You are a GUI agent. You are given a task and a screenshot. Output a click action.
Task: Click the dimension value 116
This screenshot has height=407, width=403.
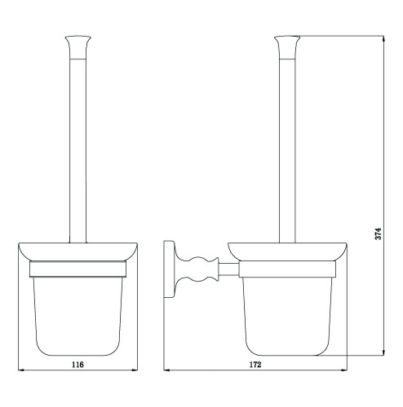tap(77, 365)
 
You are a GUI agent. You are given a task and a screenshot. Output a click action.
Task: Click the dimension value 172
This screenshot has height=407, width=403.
tap(255, 365)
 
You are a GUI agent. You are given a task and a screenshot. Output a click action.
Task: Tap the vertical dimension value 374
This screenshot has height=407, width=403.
tap(379, 234)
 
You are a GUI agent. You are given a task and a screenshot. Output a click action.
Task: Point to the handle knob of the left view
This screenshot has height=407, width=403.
tap(77, 47)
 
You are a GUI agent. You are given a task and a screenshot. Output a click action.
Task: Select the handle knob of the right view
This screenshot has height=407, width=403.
tap(287, 47)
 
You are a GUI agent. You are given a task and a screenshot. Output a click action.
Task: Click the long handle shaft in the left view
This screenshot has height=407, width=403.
tap(77, 151)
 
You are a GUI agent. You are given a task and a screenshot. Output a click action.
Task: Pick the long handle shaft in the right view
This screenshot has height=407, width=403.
tap(287, 151)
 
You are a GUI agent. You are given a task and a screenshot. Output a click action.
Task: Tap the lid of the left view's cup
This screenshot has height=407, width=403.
tap(77, 252)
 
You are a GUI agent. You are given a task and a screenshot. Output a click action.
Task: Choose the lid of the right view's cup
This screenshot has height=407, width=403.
tap(287, 252)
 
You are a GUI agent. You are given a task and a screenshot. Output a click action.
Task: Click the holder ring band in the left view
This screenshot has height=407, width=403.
tap(77, 269)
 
